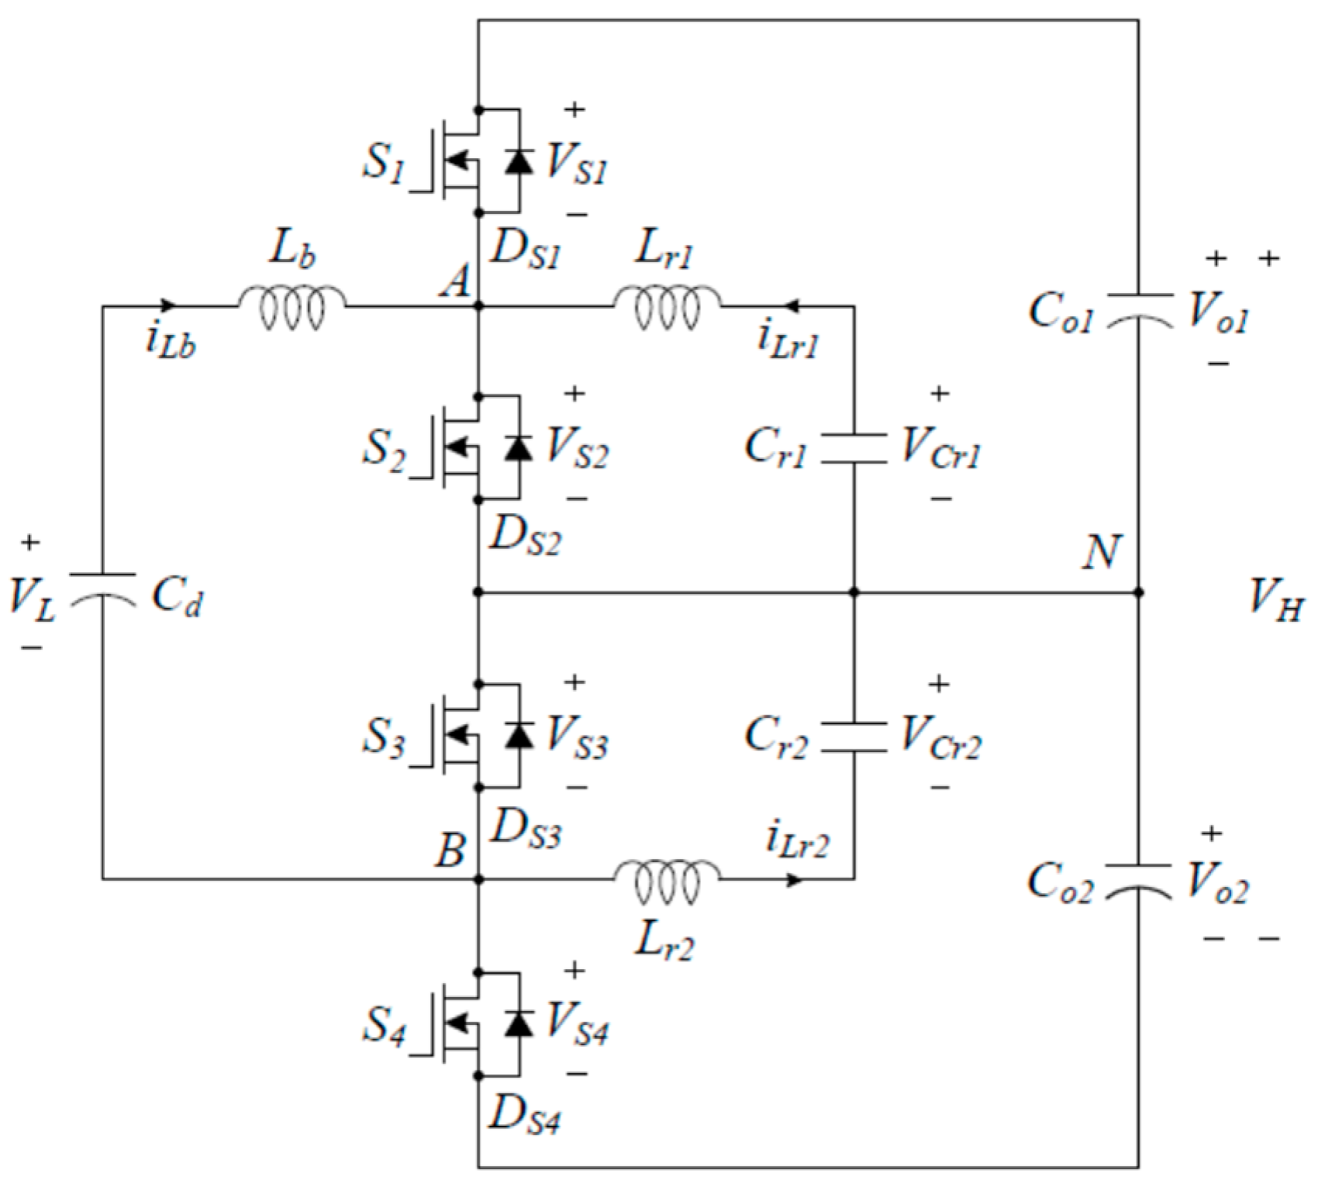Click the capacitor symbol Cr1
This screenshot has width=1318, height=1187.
coord(854,449)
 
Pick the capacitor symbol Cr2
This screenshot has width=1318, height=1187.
coord(854,737)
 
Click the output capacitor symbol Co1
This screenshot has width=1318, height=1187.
coord(1138,307)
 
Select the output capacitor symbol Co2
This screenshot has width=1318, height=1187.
coord(1138,878)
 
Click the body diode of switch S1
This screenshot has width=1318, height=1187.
coord(519,160)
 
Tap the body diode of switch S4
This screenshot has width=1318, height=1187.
coord(519,1023)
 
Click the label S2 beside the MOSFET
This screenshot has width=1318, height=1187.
coord(383,447)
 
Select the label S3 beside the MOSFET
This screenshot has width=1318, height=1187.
coord(383,737)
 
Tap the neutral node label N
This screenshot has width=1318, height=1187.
coord(1102,553)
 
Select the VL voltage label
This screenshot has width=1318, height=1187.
coord(32,599)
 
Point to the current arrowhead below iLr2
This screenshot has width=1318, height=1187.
coord(795,879)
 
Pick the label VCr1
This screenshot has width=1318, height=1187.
coord(940,449)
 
